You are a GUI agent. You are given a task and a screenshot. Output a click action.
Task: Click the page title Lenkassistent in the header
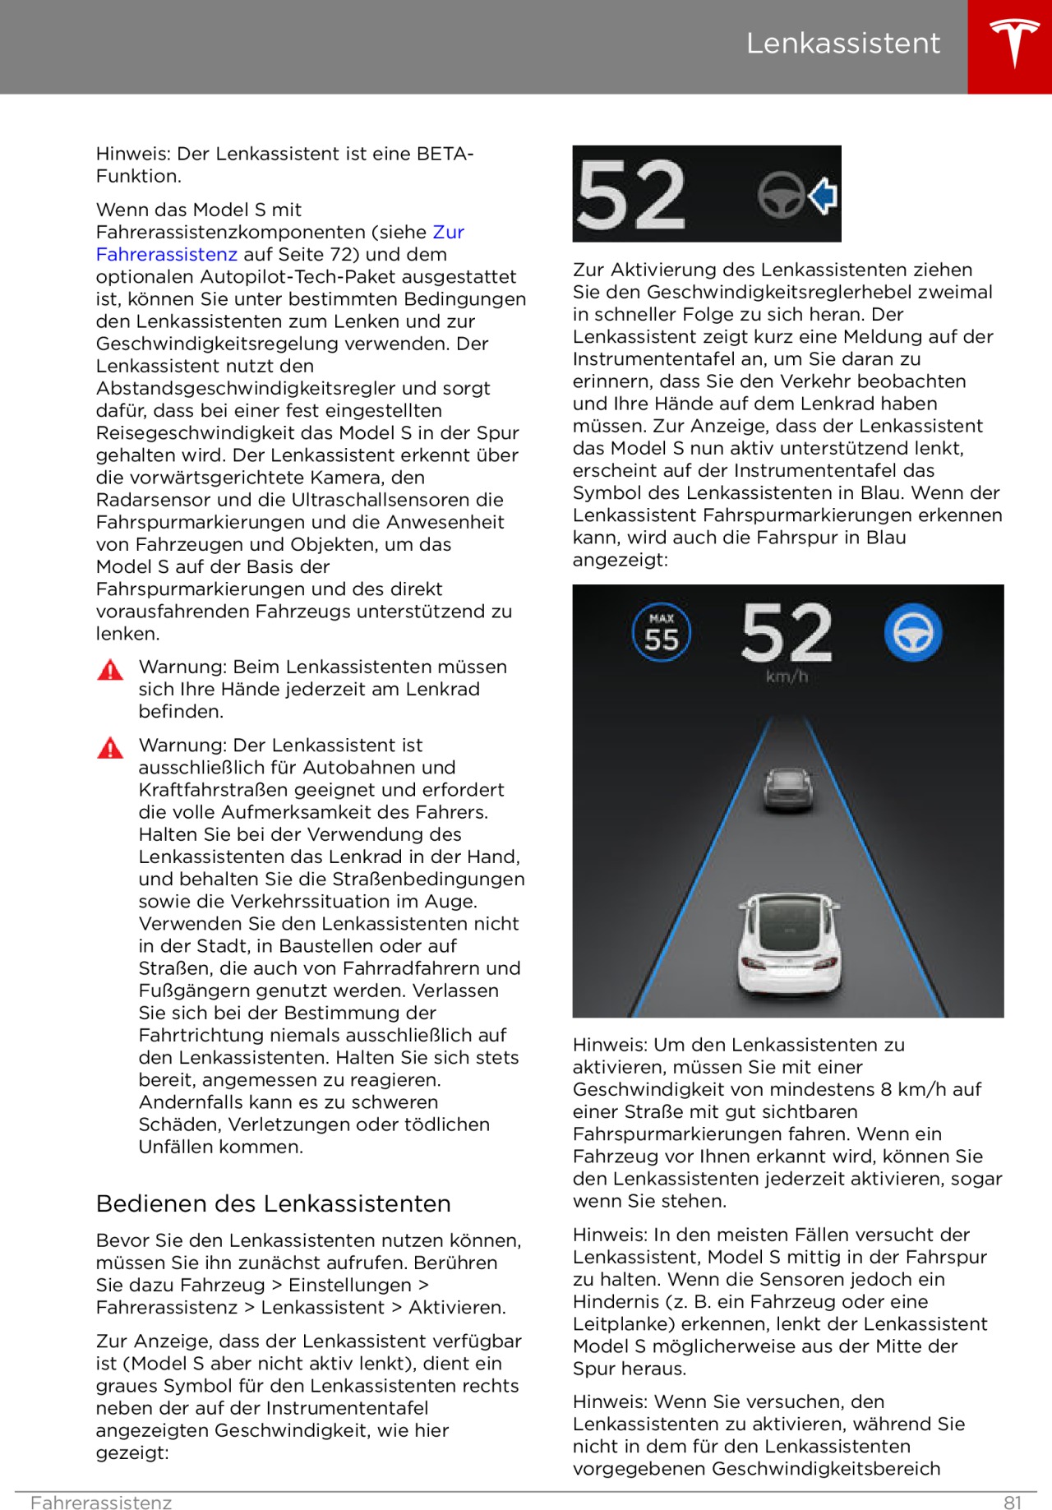(x=842, y=44)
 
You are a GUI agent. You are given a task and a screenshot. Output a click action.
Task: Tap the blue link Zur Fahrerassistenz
(x=279, y=243)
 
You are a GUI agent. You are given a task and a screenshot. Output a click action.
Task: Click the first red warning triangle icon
(x=110, y=670)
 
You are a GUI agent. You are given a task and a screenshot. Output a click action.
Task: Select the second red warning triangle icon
(x=110, y=748)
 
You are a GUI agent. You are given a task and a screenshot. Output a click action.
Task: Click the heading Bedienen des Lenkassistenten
(x=273, y=1203)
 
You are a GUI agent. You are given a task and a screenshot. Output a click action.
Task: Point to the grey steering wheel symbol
(x=780, y=195)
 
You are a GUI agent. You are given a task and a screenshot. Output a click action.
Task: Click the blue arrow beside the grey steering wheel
(x=823, y=196)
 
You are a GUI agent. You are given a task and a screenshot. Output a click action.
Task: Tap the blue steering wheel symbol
(x=912, y=633)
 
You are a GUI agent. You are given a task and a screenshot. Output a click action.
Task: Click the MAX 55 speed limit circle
(x=662, y=633)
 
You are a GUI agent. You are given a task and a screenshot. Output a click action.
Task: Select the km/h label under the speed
(x=787, y=676)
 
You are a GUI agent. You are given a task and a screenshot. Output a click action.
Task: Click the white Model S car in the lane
(x=789, y=944)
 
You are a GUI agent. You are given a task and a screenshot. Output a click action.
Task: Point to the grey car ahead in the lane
(x=787, y=788)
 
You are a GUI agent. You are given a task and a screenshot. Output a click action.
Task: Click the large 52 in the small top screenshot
(x=631, y=196)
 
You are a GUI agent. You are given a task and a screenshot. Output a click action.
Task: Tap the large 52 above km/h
(x=787, y=633)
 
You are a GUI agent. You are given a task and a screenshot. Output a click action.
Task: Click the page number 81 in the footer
(x=1013, y=1503)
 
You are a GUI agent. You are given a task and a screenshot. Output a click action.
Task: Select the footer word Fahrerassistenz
(x=101, y=1503)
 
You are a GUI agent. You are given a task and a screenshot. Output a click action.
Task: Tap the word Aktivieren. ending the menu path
(x=457, y=1307)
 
